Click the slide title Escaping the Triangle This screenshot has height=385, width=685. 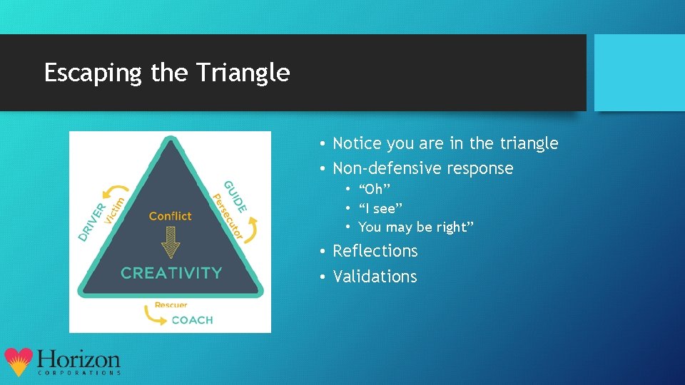point(167,73)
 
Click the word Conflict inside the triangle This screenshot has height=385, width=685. point(171,216)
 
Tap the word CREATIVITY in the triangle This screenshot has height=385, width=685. point(171,272)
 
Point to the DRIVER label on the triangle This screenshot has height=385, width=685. point(92,221)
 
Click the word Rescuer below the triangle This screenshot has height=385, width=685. point(171,305)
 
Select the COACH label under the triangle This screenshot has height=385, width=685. point(192,320)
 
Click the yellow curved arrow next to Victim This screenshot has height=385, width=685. point(113,189)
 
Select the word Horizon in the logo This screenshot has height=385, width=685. point(78,359)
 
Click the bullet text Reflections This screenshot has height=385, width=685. point(375,251)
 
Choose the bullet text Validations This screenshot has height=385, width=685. point(375,277)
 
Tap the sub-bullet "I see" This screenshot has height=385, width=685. point(380,208)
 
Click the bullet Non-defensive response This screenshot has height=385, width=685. point(422,168)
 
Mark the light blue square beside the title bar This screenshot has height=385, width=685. point(639,73)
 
